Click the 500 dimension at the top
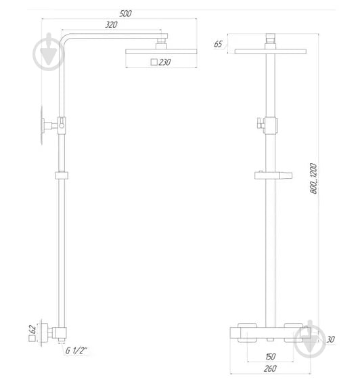tap(126, 14)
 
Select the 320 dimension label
tap(112, 25)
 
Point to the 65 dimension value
tap(218, 44)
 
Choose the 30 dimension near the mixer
tap(330, 339)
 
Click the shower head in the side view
tap(160, 51)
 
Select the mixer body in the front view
tap(271, 333)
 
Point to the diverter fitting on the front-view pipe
tap(269, 124)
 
